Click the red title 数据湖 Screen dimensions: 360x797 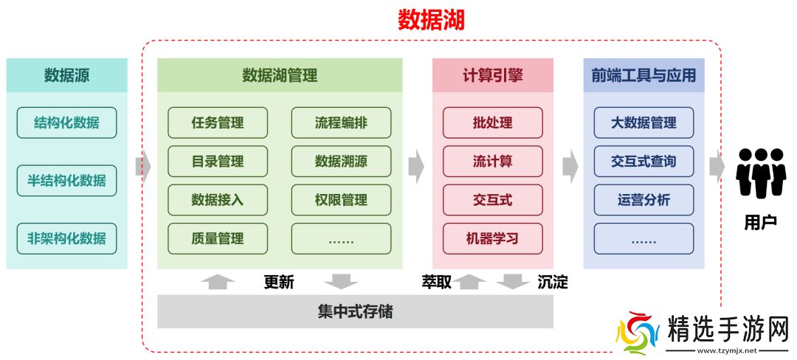click(x=431, y=20)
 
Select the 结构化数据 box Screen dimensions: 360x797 click(x=66, y=122)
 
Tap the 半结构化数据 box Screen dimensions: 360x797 click(x=66, y=181)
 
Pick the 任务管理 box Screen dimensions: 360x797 click(x=218, y=122)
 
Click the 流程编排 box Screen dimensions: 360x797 click(x=341, y=122)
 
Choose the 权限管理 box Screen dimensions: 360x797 click(x=341, y=200)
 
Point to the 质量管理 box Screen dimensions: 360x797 click(x=218, y=238)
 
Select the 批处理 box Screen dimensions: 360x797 click(x=492, y=122)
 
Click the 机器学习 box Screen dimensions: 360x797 click(x=492, y=238)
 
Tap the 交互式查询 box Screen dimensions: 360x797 click(x=644, y=161)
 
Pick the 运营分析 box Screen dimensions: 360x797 click(x=644, y=200)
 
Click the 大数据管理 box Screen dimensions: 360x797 click(x=644, y=122)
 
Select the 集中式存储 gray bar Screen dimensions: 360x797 click(x=355, y=311)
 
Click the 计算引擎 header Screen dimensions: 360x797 click(x=492, y=75)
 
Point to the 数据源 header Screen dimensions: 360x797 click(x=66, y=75)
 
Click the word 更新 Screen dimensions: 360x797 click(x=279, y=282)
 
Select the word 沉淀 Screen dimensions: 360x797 click(x=553, y=282)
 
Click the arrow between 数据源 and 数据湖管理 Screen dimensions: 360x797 click(x=142, y=167)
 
